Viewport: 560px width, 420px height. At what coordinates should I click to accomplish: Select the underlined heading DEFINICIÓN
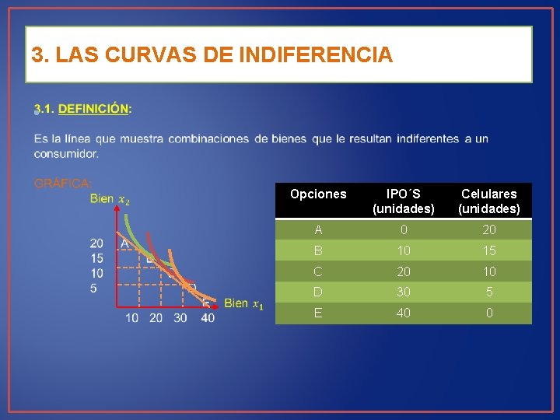pos(94,109)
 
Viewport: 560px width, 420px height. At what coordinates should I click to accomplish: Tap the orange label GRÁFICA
pos(62,184)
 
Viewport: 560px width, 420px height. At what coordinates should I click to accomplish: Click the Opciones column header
pos(318,194)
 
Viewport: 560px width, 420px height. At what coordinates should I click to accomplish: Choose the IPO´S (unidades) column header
pos(403,201)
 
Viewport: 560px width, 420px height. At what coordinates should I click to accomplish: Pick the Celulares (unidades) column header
pos(488,201)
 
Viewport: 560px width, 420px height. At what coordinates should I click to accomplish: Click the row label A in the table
pos(318,230)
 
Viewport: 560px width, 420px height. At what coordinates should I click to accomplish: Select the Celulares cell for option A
pos(488,230)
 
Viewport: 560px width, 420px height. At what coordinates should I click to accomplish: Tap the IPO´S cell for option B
pos(403,251)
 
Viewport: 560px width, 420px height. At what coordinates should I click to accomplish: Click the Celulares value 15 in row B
pos(488,251)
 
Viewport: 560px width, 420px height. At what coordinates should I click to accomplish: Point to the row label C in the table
pos(318,272)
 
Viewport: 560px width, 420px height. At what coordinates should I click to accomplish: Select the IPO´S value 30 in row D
pos(403,292)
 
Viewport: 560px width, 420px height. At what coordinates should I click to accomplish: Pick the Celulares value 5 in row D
pos(488,292)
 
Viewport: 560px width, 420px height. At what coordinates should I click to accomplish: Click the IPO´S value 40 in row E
pos(403,313)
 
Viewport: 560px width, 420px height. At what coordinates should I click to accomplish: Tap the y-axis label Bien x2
pos(110,199)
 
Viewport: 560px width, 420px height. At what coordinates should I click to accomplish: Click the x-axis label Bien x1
pos(243,303)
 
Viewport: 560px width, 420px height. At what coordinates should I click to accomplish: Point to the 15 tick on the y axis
pos(96,258)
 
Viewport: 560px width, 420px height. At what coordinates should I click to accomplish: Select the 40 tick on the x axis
pos(207,318)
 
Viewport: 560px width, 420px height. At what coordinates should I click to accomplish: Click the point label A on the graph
pos(124,243)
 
